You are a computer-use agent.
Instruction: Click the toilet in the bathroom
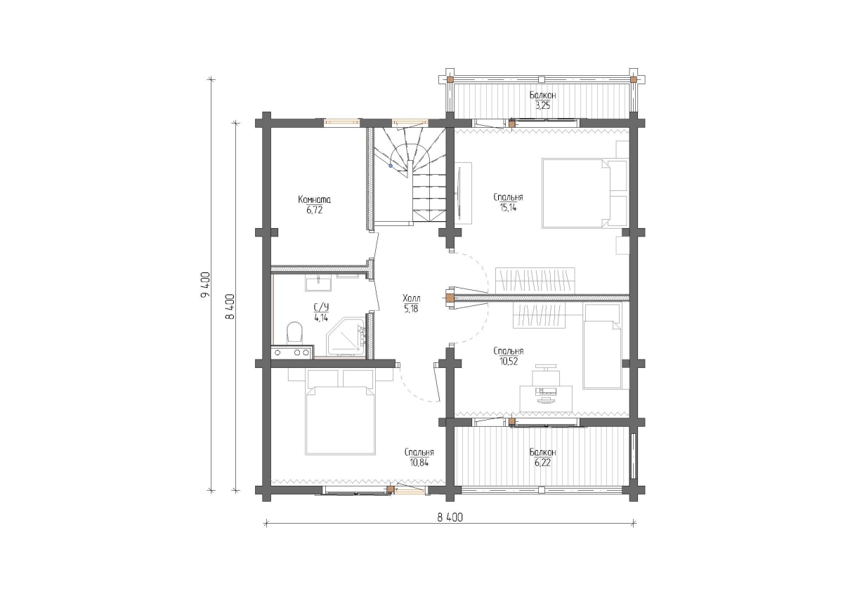(x=294, y=332)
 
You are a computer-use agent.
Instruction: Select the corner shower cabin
(x=346, y=336)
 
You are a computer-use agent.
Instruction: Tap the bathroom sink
(x=318, y=283)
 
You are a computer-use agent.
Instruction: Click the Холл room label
(x=412, y=298)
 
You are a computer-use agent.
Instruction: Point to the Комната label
(x=314, y=199)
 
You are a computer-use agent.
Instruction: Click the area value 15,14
(x=508, y=207)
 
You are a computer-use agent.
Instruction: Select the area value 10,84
(x=419, y=462)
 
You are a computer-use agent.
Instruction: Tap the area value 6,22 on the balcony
(x=542, y=463)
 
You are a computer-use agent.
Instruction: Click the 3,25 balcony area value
(x=542, y=106)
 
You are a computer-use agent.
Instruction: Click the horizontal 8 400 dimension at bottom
(x=450, y=517)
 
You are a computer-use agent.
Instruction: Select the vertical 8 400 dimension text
(x=230, y=307)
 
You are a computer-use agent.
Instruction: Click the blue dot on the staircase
(x=391, y=166)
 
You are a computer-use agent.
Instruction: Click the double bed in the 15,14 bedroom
(x=584, y=193)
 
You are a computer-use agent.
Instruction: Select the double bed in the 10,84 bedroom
(x=341, y=412)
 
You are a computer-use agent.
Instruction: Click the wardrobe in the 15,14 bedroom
(x=535, y=281)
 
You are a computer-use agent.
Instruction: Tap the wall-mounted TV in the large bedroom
(x=459, y=193)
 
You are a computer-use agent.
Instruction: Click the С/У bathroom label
(x=321, y=307)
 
